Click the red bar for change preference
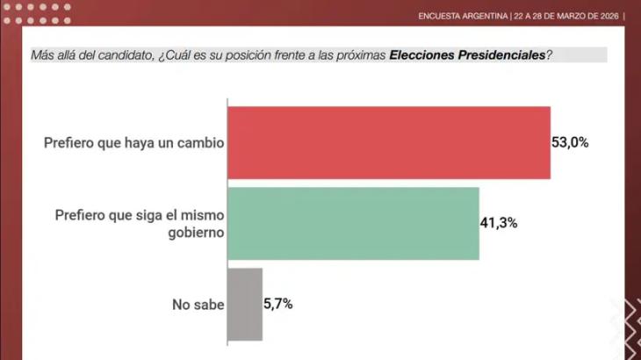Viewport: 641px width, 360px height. click(x=389, y=142)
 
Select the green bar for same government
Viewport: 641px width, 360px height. click(x=353, y=223)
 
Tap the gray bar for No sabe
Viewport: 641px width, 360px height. click(x=245, y=304)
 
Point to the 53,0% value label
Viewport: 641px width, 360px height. click(x=570, y=142)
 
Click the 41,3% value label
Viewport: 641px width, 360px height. click(x=499, y=223)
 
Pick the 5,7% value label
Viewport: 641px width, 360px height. click(x=278, y=304)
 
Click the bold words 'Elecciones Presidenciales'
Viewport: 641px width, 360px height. click(x=466, y=54)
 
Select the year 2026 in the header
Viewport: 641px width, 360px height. click(x=606, y=15)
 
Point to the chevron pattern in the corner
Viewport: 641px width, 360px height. click(x=625, y=329)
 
